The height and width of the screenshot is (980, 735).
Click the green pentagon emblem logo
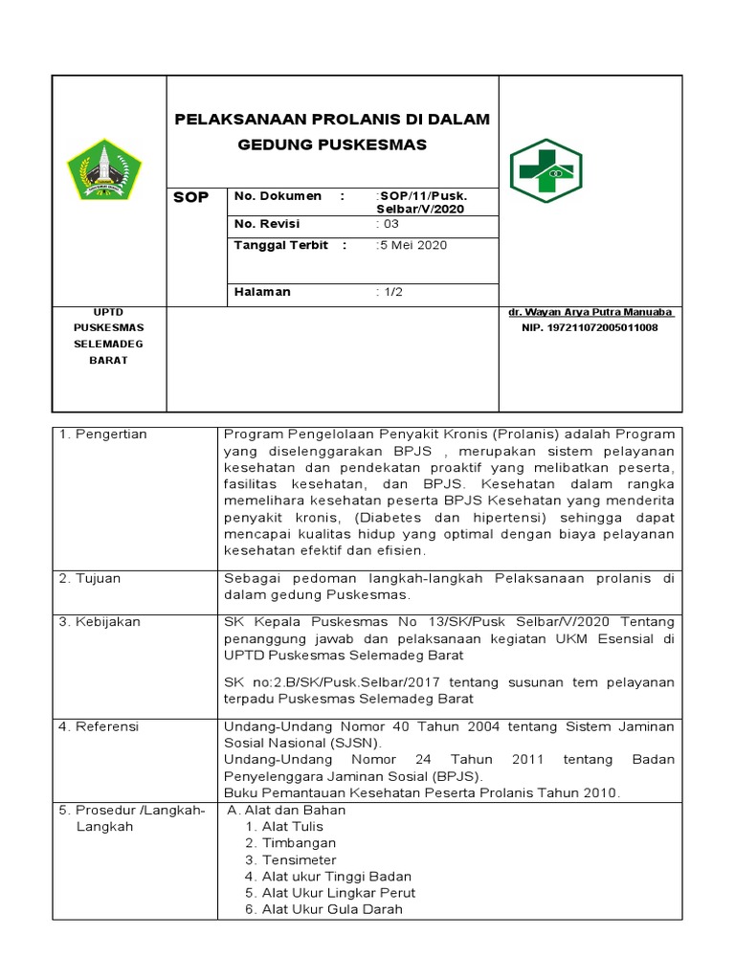(x=103, y=169)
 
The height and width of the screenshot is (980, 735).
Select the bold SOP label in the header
(x=189, y=197)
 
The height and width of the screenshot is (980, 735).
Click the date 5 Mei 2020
(x=412, y=245)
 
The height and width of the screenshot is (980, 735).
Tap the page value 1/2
(x=390, y=292)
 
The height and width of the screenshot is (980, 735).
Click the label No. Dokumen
(x=278, y=196)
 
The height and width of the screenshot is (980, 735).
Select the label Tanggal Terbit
(x=281, y=245)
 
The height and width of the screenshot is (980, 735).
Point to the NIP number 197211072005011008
(x=590, y=327)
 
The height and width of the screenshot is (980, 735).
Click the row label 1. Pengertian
(x=103, y=434)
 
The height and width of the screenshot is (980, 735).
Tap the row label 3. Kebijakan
(x=100, y=622)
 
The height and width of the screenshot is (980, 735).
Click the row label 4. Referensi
(x=100, y=727)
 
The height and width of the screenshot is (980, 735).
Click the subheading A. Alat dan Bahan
(x=287, y=810)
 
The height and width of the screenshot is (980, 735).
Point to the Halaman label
(x=262, y=292)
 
